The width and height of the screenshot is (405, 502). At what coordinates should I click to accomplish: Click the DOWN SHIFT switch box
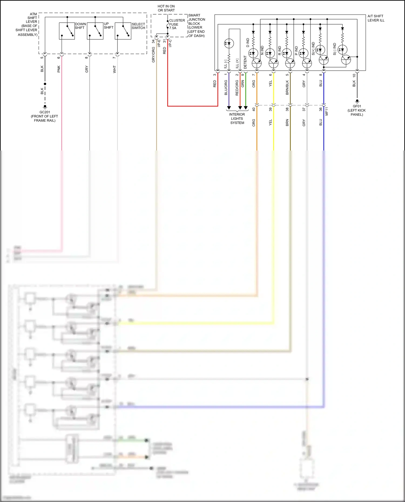[67, 31]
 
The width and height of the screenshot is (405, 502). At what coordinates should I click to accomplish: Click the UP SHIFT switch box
[95, 31]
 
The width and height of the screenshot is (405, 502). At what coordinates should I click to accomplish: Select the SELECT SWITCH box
[123, 31]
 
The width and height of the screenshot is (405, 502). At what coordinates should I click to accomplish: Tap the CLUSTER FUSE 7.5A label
[177, 24]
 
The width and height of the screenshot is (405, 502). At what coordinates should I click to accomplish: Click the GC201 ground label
[45, 116]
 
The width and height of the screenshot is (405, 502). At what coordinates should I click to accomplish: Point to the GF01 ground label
[357, 110]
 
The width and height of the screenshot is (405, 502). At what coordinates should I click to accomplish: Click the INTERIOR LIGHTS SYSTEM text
[237, 119]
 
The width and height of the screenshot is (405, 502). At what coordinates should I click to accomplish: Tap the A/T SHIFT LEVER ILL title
[376, 18]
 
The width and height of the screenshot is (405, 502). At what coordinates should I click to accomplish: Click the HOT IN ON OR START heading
[166, 8]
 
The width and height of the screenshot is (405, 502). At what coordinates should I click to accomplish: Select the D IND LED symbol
[253, 53]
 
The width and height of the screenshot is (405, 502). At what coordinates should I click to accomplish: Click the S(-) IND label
[335, 49]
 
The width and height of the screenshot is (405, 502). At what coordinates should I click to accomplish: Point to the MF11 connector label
[327, 111]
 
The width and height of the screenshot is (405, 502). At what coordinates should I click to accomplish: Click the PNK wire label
[59, 69]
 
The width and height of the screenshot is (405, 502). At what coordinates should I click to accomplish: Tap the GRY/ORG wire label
[153, 55]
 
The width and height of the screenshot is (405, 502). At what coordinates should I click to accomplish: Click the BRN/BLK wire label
[287, 87]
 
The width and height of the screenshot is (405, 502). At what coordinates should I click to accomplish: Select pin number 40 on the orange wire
[254, 110]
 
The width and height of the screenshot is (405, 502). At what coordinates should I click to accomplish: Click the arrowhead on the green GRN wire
[246, 108]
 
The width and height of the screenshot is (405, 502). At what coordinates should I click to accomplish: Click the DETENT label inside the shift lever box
[245, 62]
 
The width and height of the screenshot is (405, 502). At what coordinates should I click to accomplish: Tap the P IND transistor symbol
[307, 63]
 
